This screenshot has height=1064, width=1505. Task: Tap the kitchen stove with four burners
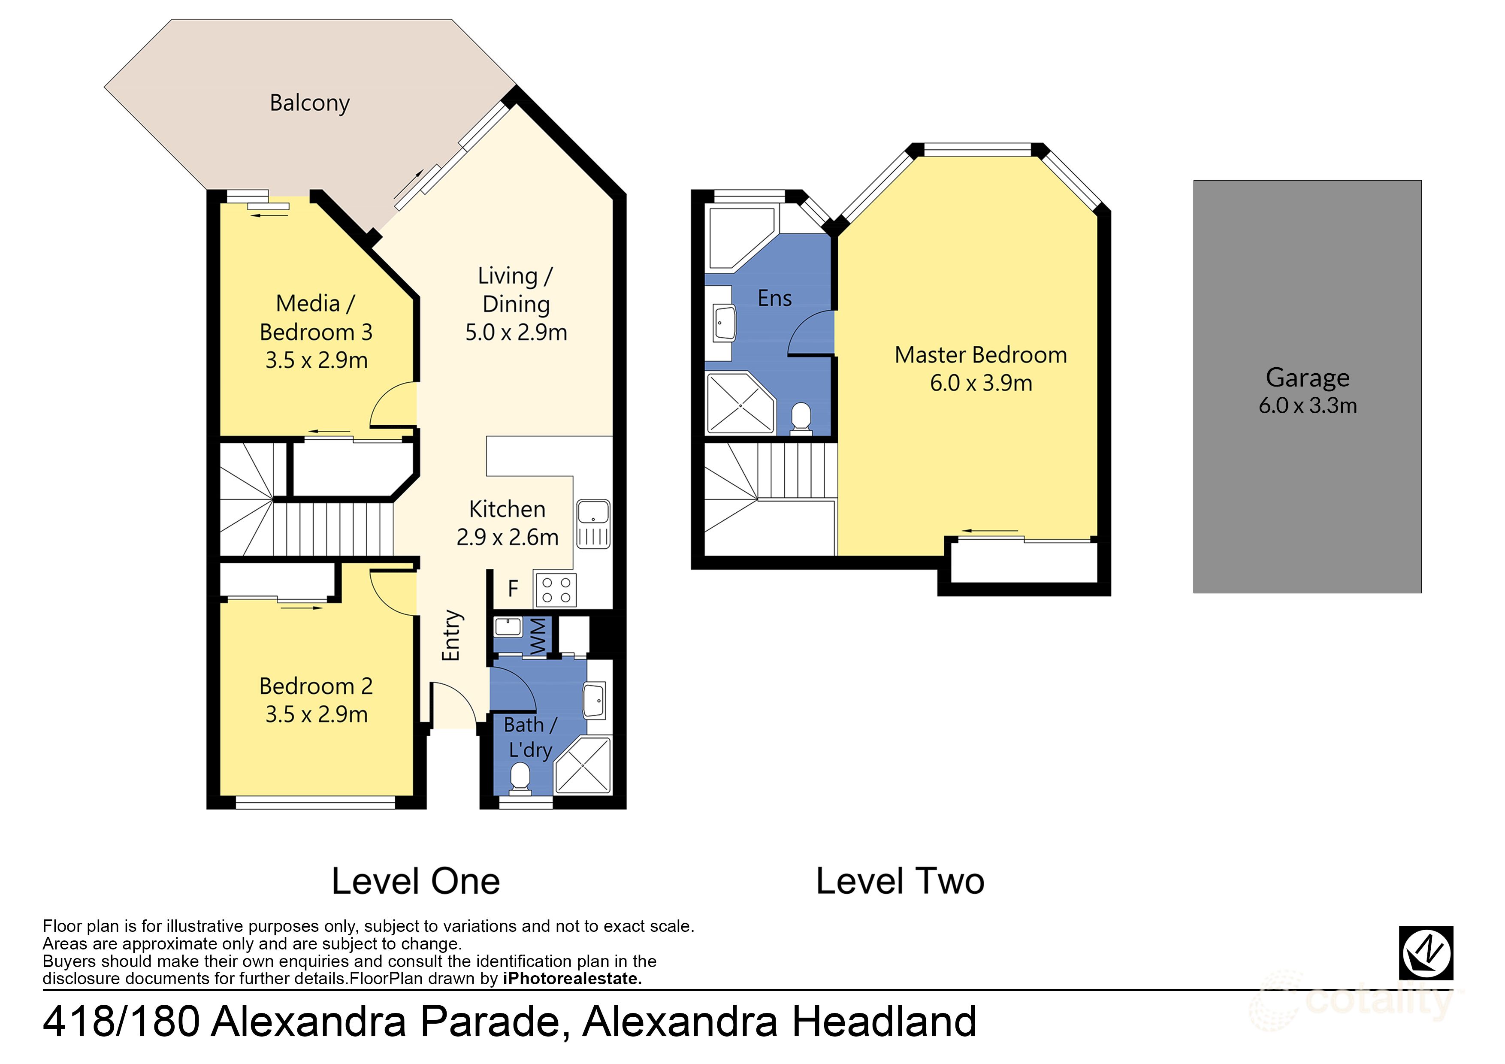click(x=556, y=589)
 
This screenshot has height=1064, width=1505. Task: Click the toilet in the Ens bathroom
click(x=801, y=417)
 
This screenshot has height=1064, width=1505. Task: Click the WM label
click(x=538, y=636)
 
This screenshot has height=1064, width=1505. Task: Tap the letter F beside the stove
click(x=513, y=588)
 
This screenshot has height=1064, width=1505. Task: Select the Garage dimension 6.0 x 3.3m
click(x=1307, y=406)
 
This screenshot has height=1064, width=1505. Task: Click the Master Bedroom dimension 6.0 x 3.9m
click(x=981, y=383)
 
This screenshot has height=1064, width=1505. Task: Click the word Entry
click(x=451, y=635)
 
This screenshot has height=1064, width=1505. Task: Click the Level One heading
click(x=416, y=881)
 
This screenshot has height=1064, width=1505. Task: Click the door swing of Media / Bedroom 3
click(x=393, y=405)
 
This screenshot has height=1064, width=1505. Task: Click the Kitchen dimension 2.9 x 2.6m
click(x=508, y=538)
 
